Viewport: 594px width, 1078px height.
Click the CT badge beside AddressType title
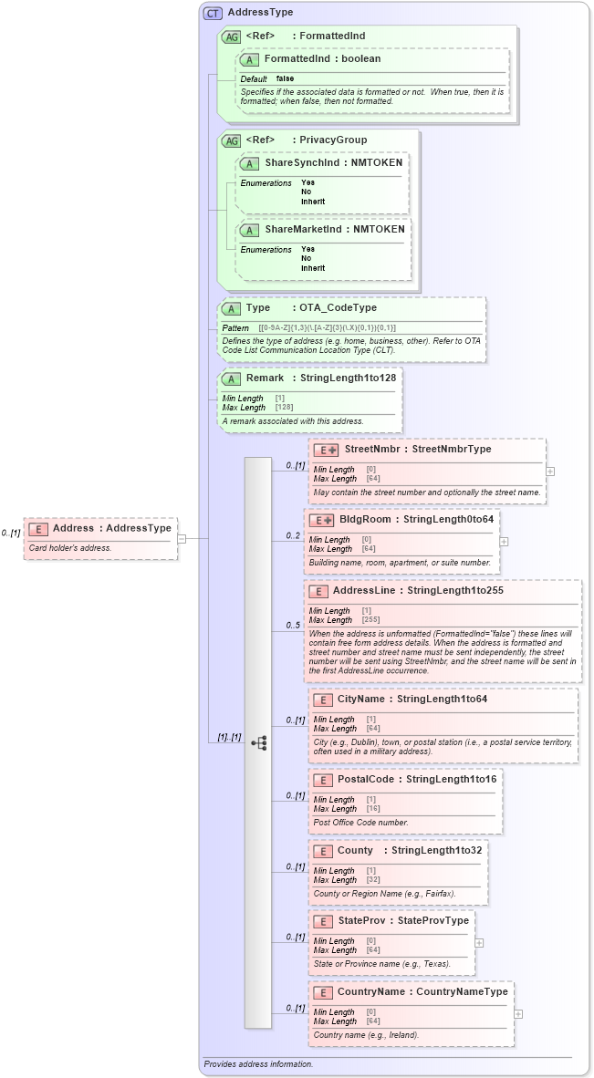[213, 13]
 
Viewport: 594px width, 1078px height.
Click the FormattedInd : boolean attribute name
[322, 58]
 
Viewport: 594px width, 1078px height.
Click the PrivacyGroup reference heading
[334, 140]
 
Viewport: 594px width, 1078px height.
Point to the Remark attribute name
[265, 378]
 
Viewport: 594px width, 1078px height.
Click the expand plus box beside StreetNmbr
[550, 472]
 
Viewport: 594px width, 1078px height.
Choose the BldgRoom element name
[365, 519]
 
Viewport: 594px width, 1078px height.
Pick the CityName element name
[361, 699]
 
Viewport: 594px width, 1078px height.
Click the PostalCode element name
[366, 780]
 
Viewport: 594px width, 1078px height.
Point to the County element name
[355, 850]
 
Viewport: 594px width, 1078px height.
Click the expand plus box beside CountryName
[518, 1013]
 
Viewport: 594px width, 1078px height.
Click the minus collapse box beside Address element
[182, 538]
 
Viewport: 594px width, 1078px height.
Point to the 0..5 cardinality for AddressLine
[293, 626]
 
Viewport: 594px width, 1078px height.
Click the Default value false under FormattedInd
[285, 79]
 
